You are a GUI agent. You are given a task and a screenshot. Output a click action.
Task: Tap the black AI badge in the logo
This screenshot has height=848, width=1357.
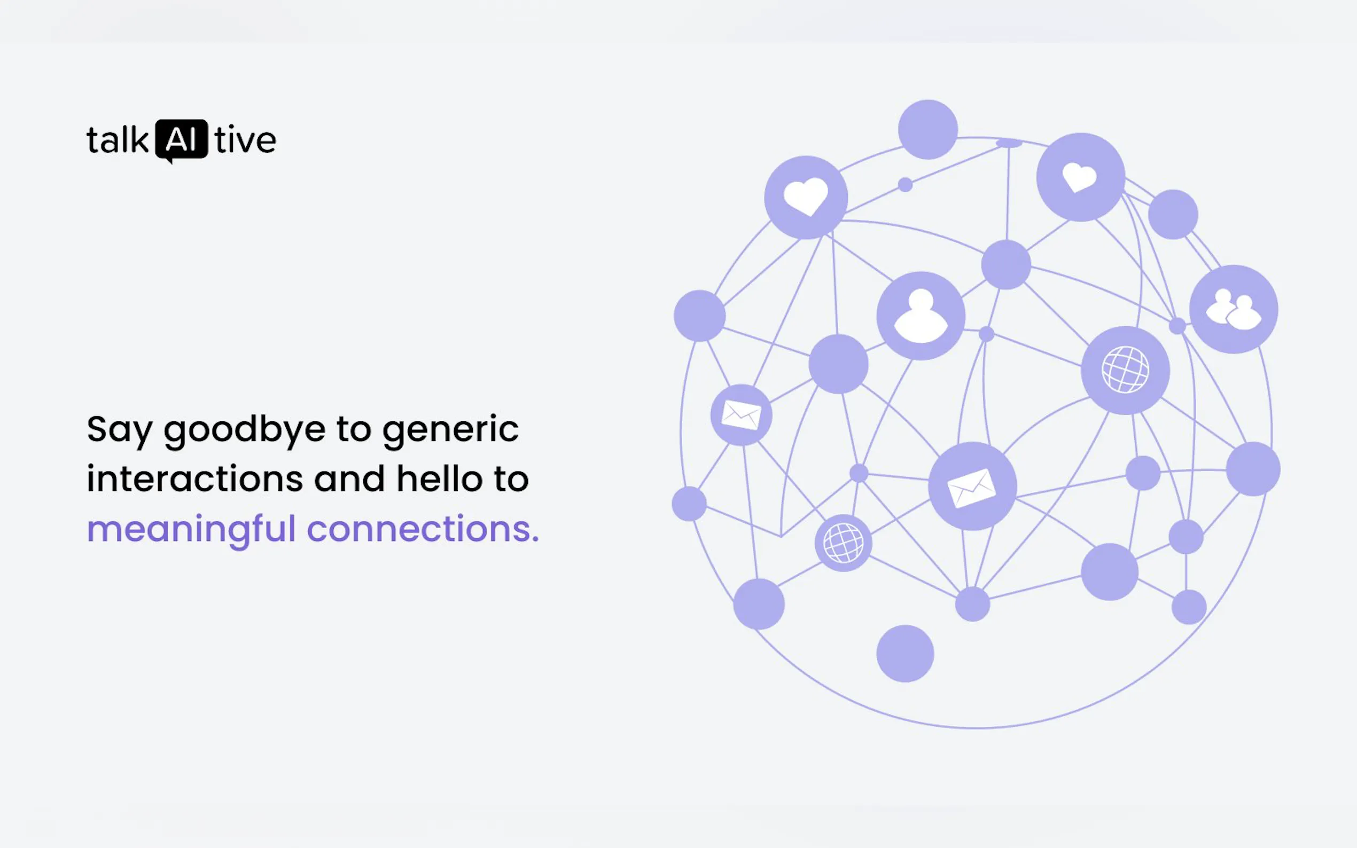(x=181, y=140)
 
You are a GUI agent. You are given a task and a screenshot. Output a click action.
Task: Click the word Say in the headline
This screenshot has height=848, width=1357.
(x=120, y=431)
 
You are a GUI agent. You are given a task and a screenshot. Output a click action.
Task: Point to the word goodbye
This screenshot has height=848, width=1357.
(x=245, y=430)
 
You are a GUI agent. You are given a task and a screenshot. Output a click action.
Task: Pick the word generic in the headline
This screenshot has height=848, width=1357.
(x=450, y=430)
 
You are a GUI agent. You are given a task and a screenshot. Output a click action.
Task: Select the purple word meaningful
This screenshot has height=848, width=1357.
(x=191, y=530)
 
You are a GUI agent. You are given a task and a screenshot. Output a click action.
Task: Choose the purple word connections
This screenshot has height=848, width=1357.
(x=423, y=529)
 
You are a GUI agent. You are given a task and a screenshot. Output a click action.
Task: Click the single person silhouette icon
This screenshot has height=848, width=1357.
(x=921, y=316)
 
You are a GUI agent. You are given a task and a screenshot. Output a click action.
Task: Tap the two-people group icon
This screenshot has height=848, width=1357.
(x=1234, y=309)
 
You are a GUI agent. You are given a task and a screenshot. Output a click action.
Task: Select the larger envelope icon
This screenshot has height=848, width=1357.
(x=972, y=488)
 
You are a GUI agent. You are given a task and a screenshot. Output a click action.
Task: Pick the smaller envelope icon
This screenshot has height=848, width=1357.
(x=741, y=415)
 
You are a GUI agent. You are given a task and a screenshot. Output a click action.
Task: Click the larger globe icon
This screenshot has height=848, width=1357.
(x=1125, y=370)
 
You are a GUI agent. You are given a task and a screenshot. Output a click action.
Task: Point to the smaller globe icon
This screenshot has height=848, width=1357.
(x=843, y=543)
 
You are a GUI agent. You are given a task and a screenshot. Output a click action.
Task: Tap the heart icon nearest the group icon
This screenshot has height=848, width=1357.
(x=1080, y=177)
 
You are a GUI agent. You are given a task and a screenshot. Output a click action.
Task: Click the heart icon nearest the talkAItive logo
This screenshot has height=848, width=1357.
(x=806, y=197)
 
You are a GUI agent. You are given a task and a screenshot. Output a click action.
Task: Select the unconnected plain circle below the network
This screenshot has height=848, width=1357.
(x=905, y=654)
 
